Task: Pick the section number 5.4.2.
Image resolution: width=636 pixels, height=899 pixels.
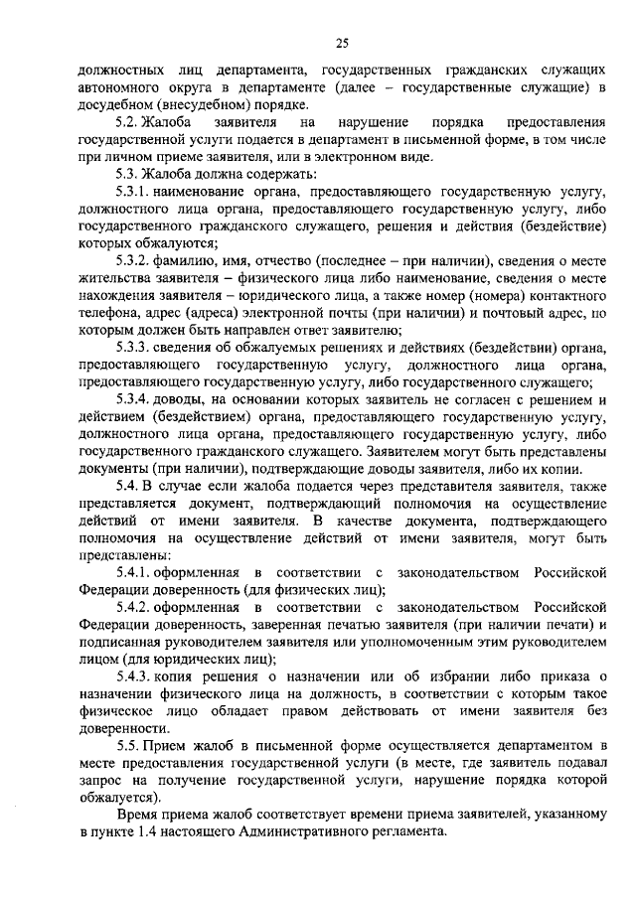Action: pyautogui.click(x=134, y=607)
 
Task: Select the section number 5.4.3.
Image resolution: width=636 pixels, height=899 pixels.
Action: pyautogui.click(x=134, y=676)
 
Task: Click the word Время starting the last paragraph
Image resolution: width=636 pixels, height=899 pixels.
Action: pyautogui.click(x=137, y=815)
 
